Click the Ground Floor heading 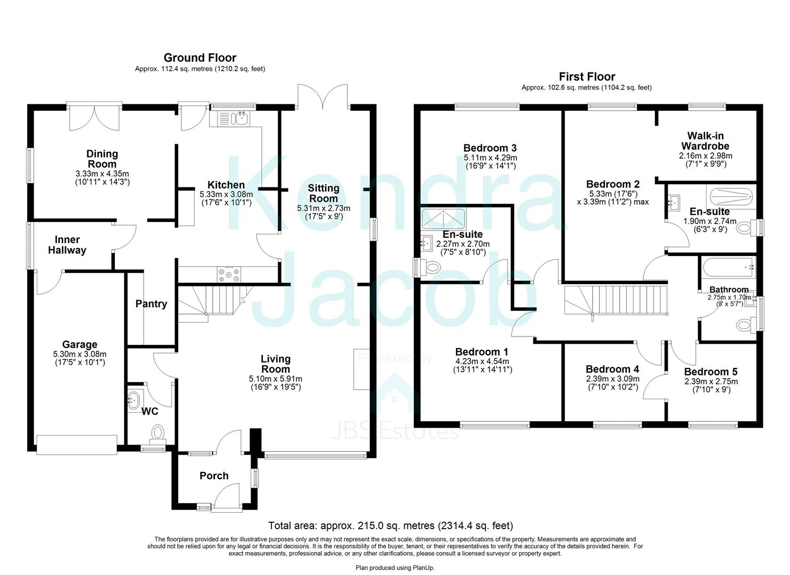pyautogui.click(x=199, y=57)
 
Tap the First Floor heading pyautogui.click(x=586, y=77)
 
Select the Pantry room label pyautogui.click(x=151, y=304)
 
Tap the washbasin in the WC pyautogui.click(x=134, y=399)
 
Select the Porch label pyautogui.click(x=214, y=476)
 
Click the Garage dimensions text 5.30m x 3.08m pyautogui.click(x=80, y=354)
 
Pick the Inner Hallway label pyautogui.click(x=67, y=245)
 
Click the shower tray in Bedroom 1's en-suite pyautogui.click(x=443, y=218)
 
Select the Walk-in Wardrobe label pyautogui.click(x=705, y=141)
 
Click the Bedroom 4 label pyautogui.click(x=612, y=369)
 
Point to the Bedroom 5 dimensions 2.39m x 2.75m pyautogui.click(x=711, y=381)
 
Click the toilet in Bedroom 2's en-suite pyautogui.click(x=746, y=229)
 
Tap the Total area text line pyautogui.click(x=390, y=526)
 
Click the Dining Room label pyautogui.click(x=102, y=159)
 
